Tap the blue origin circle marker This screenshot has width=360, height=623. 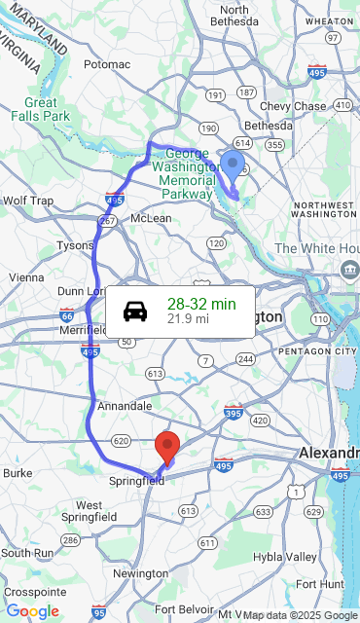click(233, 165)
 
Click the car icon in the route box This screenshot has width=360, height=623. click(135, 311)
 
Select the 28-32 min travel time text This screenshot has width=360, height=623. click(201, 304)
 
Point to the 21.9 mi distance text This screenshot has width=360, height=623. click(188, 318)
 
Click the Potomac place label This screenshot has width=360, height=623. click(106, 64)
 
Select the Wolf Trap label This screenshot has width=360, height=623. click(28, 201)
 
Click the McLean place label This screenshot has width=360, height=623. click(151, 218)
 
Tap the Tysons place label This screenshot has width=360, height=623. click(75, 245)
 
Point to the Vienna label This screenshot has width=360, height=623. click(26, 276)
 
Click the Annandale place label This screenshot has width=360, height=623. click(124, 405)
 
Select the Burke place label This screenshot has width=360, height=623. click(18, 472)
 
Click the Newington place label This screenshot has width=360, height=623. click(140, 573)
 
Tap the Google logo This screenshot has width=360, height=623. click(32, 611)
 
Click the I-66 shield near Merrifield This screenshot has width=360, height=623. click(66, 315)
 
